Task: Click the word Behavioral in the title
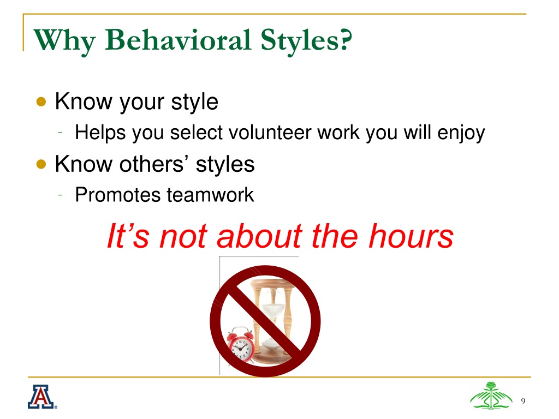(179, 39)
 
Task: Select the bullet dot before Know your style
(41, 102)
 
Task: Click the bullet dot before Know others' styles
(41, 164)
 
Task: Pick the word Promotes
(118, 195)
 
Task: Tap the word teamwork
(210, 195)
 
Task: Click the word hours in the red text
(411, 236)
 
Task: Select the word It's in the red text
(128, 236)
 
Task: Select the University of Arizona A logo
(42, 397)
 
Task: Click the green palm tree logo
(491, 396)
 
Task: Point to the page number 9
(523, 401)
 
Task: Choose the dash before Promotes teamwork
(61, 195)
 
